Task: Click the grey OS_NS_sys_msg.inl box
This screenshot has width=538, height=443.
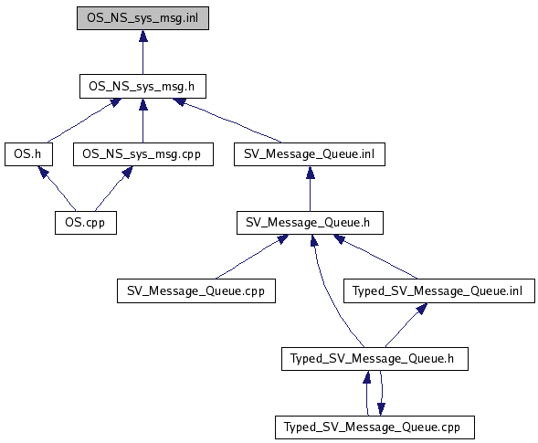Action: (142, 18)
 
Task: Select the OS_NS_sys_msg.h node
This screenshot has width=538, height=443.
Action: (142, 86)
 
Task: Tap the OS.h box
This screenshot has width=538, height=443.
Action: (28, 154)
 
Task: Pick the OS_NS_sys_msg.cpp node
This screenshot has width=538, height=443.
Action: (143, 154)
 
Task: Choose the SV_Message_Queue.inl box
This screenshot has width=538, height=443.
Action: (310, 154)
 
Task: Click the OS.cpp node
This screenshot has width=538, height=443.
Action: (86, 223)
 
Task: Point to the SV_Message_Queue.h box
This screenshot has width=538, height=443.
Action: (310, 223)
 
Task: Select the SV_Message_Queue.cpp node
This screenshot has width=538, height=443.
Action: (196, 290)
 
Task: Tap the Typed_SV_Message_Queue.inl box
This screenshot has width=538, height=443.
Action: (439, 290)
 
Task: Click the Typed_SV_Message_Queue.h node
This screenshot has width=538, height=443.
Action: (374, 359)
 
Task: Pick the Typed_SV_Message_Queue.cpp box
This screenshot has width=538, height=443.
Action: (374, 427)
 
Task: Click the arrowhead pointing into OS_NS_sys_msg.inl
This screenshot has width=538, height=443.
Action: (143, 36)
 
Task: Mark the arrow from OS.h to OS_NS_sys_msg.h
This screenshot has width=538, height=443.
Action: (83, 121)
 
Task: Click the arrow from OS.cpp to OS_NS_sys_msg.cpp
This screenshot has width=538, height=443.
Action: (114, 188)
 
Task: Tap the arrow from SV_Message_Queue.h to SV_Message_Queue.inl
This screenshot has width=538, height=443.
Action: (311, 189)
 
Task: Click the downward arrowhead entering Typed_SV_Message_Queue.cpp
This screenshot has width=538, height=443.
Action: (381, 409)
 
